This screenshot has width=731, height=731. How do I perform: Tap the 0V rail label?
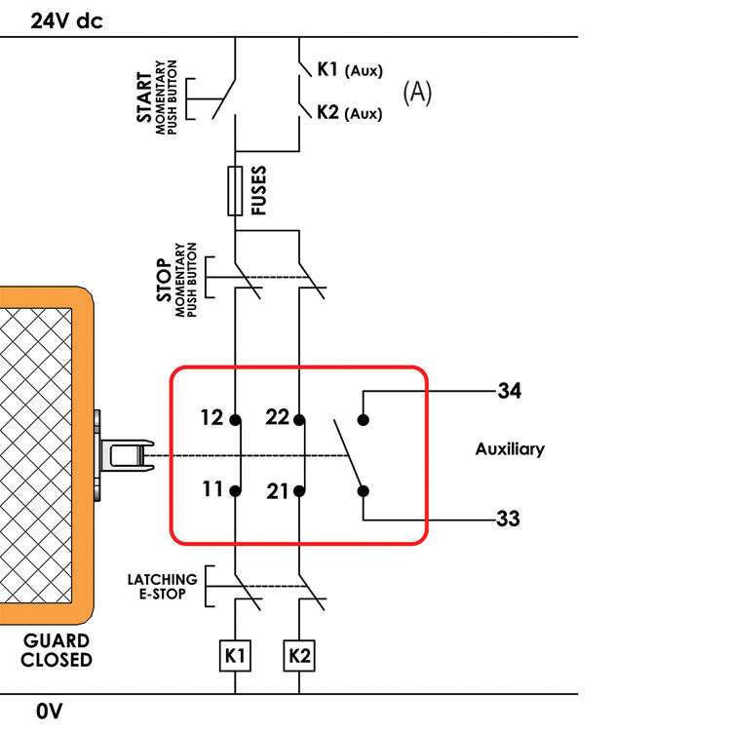[x=49, y=712]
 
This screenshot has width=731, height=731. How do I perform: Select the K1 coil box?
[x=235, y=656]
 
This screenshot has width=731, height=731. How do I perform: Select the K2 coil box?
[x=299, y=656]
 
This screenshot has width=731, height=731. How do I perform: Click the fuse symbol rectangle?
[x=235, y=190]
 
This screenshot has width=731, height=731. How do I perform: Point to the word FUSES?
[x=259, y=190]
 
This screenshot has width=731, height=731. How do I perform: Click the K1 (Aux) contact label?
[x=349, y=70]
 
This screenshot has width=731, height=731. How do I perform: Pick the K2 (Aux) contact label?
[x=349, y=113]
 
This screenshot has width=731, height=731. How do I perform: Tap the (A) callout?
[x=417, y=93]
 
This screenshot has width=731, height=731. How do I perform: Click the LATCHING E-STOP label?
[x=162, y=586]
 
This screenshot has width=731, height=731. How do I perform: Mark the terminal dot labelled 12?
[x=235, y=421]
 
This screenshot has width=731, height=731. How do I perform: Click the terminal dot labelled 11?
[x=235, y=491]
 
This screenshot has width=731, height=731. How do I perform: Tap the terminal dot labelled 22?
[x=299, y=421]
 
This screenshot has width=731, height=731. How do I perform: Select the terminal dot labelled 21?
[x=299, y=491]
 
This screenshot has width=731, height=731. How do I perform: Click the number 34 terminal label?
[x=509, y=391]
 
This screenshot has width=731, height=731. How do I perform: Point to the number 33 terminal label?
[x=508, y=519]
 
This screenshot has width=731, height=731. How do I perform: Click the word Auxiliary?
[x=510, y=449]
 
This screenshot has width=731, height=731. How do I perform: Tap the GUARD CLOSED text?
[x=58, y=650]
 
